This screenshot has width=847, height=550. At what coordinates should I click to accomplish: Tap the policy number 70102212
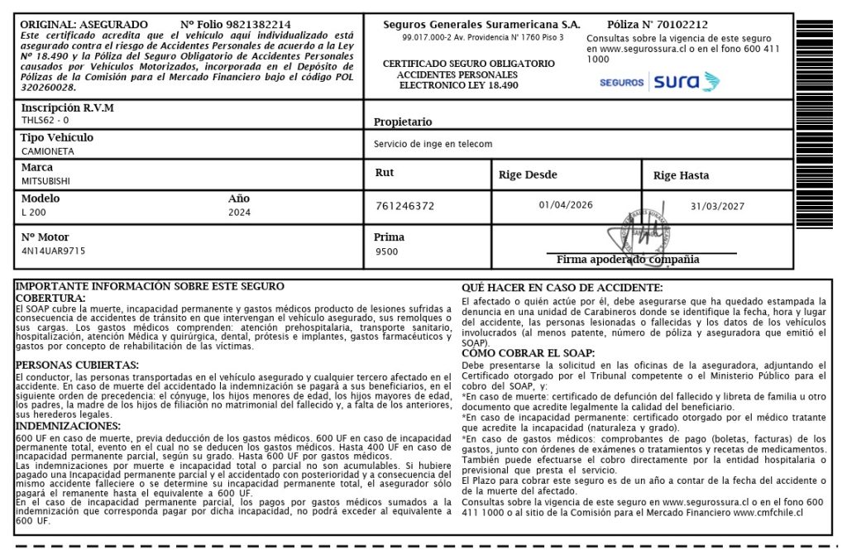680,25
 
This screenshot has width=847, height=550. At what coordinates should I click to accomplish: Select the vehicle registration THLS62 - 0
45,120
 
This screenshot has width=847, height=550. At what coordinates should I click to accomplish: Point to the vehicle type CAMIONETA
47,151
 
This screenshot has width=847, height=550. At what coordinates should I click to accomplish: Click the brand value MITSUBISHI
45,180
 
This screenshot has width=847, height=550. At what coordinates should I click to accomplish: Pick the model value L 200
33,212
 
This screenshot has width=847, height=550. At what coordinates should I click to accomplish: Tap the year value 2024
239,212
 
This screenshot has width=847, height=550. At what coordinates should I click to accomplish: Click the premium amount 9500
386,251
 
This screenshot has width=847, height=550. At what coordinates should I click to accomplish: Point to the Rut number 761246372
404,206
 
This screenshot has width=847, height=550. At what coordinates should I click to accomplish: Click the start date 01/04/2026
566,204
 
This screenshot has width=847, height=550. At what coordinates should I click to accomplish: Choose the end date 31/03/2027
717,206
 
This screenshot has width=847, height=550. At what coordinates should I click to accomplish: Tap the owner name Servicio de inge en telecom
433,144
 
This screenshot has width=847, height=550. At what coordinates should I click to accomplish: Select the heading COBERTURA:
50,298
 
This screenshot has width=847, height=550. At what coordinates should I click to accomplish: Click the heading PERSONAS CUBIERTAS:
77,365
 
